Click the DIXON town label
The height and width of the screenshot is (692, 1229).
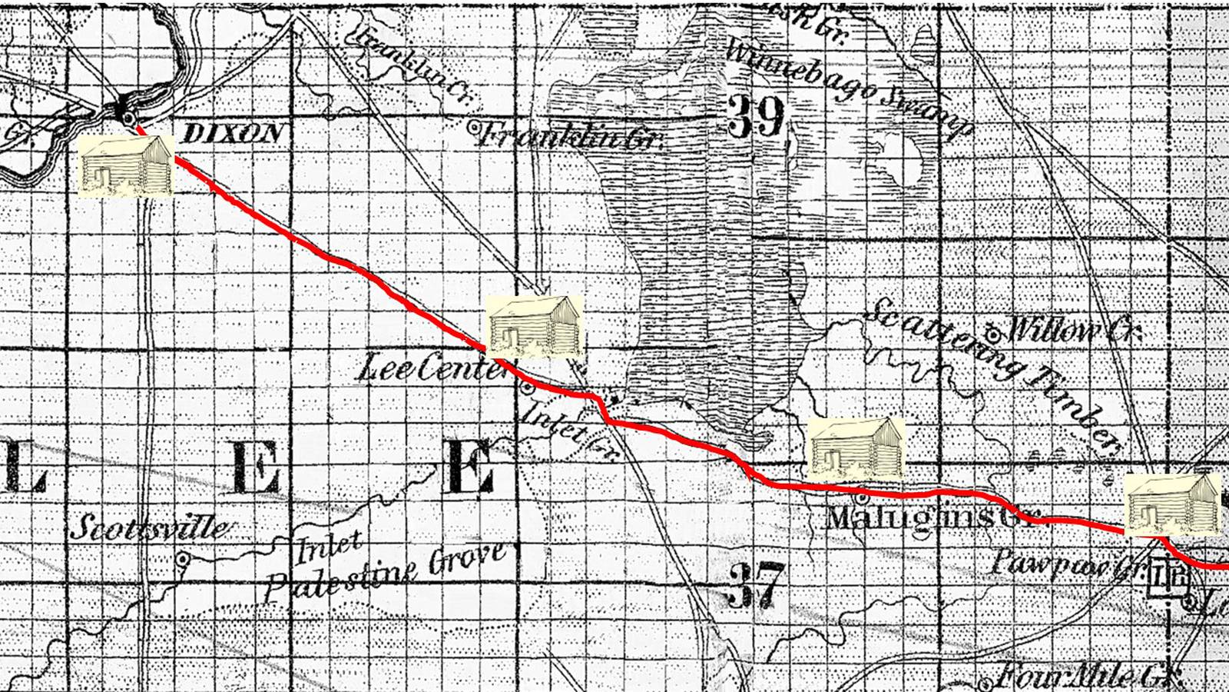[x=233, y=134]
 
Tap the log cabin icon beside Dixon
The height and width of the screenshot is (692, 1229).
[x=126, y=165]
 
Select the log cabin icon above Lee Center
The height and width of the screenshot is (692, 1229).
[x=536, y=327]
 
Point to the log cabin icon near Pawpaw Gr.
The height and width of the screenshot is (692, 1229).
[x=1171, y=504]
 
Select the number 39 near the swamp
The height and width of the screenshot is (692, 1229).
[x=757, y=118]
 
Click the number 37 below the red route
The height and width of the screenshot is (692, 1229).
[x=757, y=584]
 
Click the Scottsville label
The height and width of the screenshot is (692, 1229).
[x=151, y=528]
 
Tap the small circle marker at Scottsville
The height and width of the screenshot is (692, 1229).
[x=183, y=560]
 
